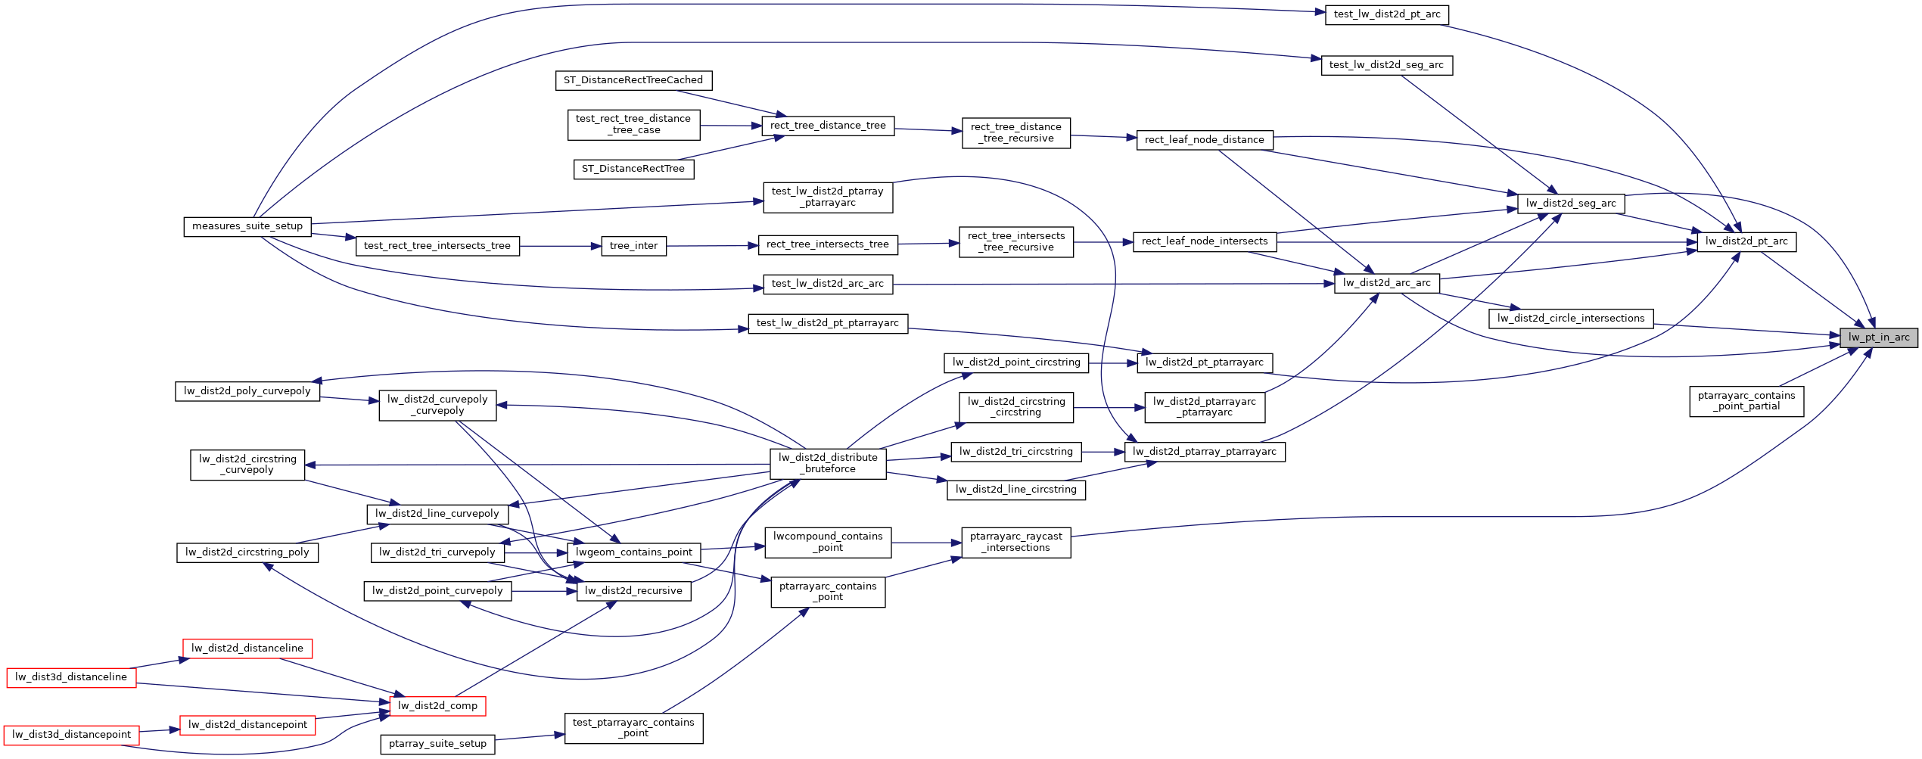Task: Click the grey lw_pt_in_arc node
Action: pyautogui.click(x=1879, y=338)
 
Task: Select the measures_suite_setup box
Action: pyautogui.click(x=247, y=226)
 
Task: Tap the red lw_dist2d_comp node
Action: pyautogui.click(x=437, y=706)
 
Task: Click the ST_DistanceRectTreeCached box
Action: pyautogui.click(x=633, y=80)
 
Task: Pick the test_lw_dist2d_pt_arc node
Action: pyautogui.click(x=1386, y=14)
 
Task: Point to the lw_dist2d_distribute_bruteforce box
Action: pyautogui.click(x=828, y=463)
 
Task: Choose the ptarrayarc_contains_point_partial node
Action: pyautogui.click(x=1746, y=401)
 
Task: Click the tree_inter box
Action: pyautogui.click(x=633, y=246)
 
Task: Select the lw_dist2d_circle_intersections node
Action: pyautogui.click(x=1570, y=319)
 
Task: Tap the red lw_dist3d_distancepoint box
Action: pyautogui.click(x=71, y=735)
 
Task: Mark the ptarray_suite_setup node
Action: pyautogui.click(x=437, y=744)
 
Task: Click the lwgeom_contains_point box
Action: pyautogui.click(x=633, y=552)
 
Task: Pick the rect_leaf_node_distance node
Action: pyautogui.click(x=1204, y=140)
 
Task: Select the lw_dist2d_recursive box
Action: pyautogui.click(x=633, y=591)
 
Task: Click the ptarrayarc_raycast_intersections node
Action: pyautogui.click(x=1015, y=542)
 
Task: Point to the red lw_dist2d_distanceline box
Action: pyautogui.click(x=247, y=649)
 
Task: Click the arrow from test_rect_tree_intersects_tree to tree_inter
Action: pyautogui.click(x=560, y=246)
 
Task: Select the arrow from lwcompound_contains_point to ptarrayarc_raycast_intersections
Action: pyautogui.click(x=926, y=543)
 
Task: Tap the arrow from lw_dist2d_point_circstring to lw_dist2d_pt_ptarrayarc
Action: pyautogui.click(x=1112, y=363)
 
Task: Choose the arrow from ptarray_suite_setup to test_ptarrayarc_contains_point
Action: pyautogui.click(x=530, y=737)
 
